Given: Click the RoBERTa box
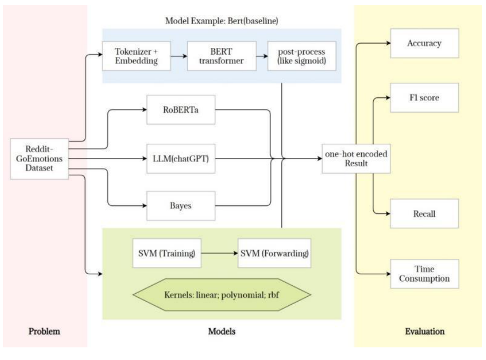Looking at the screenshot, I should [182, 111].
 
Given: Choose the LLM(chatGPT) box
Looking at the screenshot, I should [182, 158].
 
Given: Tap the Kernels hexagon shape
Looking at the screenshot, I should [221, 293].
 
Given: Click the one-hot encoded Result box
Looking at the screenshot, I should [356, 158].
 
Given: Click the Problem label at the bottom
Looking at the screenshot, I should [44, 332].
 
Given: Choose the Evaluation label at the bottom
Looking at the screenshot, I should [424, 332].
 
